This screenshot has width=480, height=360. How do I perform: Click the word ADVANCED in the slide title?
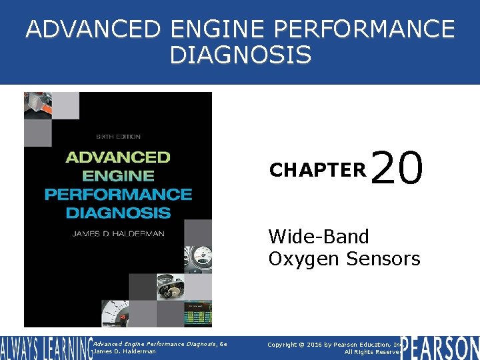coord(94,30)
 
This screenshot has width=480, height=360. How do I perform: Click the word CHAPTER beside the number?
coord(317,171)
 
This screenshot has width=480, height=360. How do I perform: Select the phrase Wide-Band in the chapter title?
coord(318,236)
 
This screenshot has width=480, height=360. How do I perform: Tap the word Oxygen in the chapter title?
coord(304,258)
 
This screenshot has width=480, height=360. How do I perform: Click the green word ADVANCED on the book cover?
coord(117,158)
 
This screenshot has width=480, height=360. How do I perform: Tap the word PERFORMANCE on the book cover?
coord(117,195)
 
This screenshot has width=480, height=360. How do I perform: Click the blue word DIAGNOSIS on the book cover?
coord(117,213)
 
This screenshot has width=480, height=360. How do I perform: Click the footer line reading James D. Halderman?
coord(125,351)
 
